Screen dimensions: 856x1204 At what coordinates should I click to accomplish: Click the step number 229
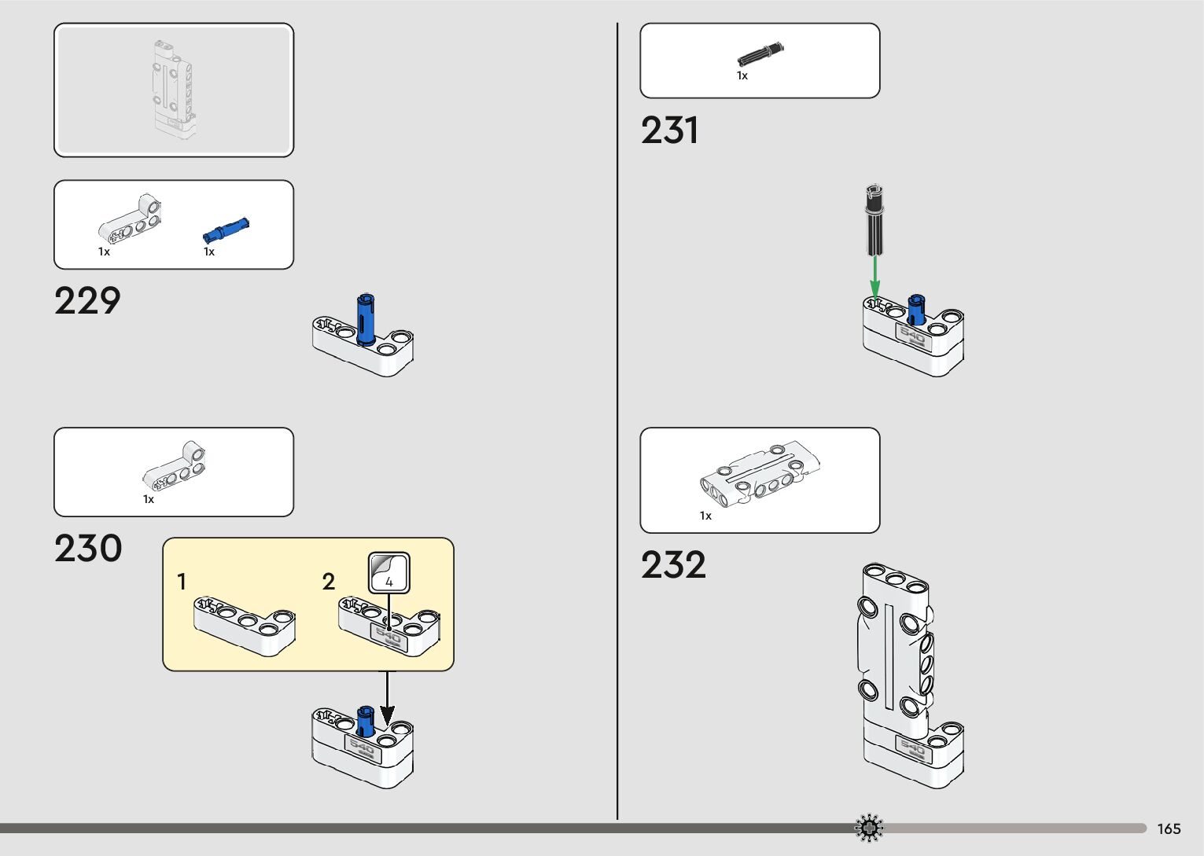pos(87,301)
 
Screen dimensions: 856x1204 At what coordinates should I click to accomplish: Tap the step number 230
pos(88,549)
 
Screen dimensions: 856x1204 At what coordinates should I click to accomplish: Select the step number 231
pos(669,130)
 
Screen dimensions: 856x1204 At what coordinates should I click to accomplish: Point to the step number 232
pos(673,565)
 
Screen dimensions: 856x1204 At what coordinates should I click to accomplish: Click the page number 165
pos(1169,829)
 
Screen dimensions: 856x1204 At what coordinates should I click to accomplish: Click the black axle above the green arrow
pos(874,219)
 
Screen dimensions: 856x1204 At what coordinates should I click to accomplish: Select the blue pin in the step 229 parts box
pos(226,230)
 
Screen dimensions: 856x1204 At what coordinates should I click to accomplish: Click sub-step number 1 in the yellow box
pos(182,582)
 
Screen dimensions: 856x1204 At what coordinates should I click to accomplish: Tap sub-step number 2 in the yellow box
pos(329,582)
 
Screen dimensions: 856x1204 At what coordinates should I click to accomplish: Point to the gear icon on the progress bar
pos(869,828)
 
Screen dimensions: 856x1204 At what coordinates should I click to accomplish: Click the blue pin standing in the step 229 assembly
pos(366,318)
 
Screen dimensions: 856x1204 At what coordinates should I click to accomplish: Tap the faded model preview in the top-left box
pos(173,89)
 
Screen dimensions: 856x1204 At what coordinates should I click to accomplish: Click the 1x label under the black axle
pos(742,76)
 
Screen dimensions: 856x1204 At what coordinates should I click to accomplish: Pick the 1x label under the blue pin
pos(208,252)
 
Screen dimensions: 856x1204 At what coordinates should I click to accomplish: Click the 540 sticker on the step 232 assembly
pos(913,748)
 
